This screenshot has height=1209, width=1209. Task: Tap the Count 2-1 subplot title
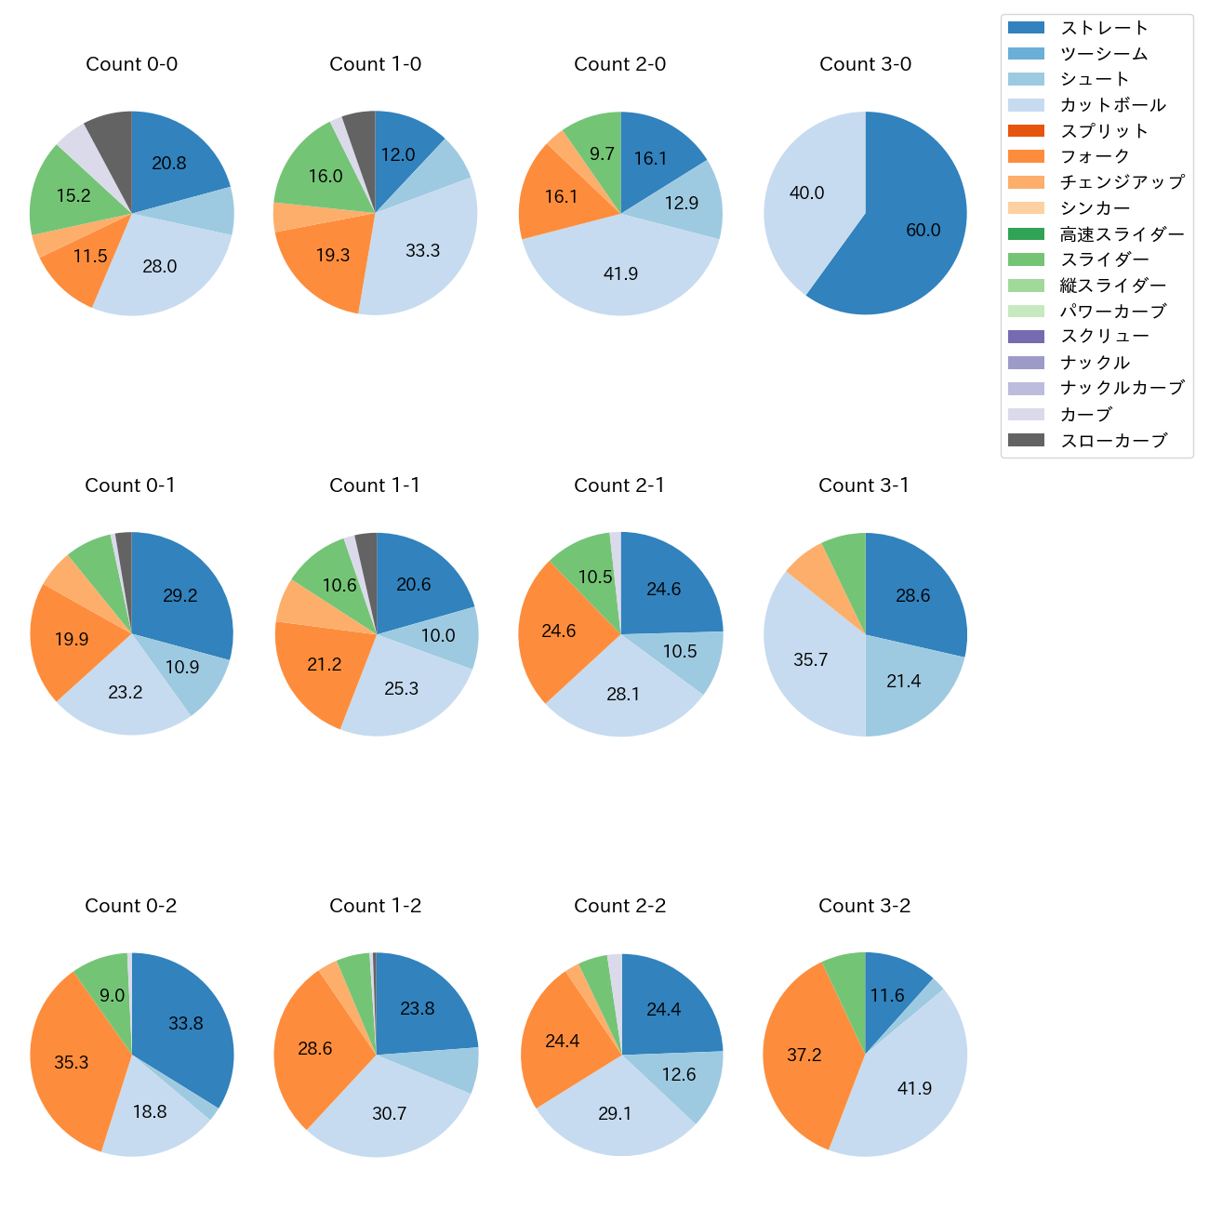[x=619, y=485]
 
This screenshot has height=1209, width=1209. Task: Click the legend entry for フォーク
[x=1095, y=156]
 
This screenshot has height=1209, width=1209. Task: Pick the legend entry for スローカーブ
[x=1113, y=441]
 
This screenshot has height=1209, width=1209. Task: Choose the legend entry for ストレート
[x=1104, y=28]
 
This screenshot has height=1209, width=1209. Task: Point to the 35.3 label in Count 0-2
[x=72, y=1062]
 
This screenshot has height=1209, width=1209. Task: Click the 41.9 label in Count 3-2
[x=914, y=1088]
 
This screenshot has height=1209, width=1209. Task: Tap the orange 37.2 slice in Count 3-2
[x=804, y=1056]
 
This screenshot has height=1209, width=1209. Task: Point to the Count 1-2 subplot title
[x=376, y=906]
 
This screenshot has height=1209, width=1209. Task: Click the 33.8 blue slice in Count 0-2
[x=186, y=1023]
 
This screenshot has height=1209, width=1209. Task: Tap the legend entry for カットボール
[x=1112, y=105]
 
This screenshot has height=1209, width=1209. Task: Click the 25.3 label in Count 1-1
[x=402, y=689]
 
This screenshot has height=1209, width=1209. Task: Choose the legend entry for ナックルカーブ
[x=1122, y=389]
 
